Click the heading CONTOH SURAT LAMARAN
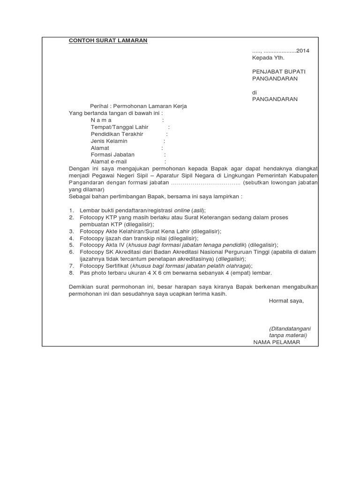coord(108,41)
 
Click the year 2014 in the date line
coord(302,51)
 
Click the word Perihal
coord(99,106)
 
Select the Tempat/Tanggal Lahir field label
coord(120,127)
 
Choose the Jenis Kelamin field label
coord(109,141)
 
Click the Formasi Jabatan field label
coord(112,155)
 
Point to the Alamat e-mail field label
coord(109,162)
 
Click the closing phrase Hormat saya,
coord(286,301)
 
